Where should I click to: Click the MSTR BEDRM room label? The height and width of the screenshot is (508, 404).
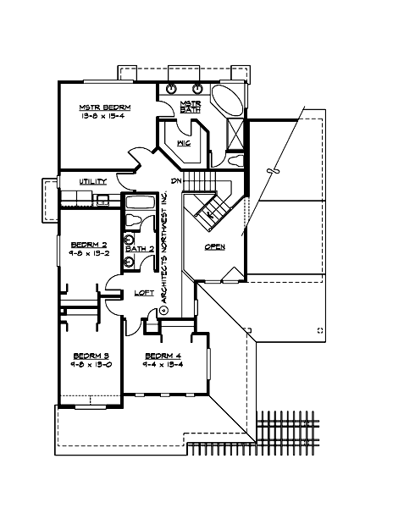pos(102,108)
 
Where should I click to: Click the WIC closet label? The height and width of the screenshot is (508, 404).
pos(183,144)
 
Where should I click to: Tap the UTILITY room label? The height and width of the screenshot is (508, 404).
pos(91,182)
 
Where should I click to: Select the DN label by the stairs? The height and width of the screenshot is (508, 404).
pos(176,181)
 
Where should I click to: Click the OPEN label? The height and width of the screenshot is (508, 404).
pos(214,246)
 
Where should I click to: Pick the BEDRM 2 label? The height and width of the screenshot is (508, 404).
pos(88,241)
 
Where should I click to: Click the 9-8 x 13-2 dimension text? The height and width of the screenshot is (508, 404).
pos(88,251)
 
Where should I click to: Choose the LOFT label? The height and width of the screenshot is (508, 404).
pos(144,294)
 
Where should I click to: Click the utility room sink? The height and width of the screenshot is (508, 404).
pos(101,201)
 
